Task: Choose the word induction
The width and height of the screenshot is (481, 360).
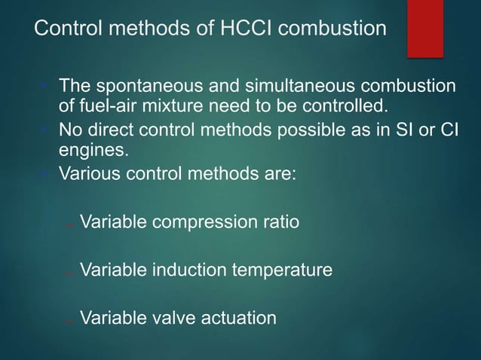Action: coord(180,269)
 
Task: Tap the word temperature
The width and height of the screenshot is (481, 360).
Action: coord(283,269)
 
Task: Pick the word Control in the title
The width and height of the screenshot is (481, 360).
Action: coord(63,29)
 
